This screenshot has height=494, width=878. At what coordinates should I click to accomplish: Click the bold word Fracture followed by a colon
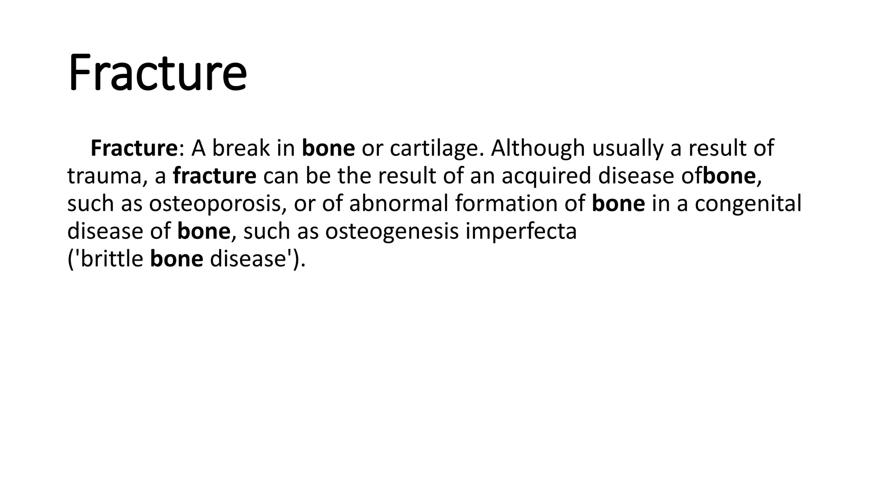pyautogui.click(x=134, y=148)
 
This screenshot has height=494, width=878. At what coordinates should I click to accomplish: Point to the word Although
pyautogui.click(x=538, y=148)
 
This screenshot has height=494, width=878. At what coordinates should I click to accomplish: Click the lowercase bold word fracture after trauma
pyautogui.click(x=214, y=176)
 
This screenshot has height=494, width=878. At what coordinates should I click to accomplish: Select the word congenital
pyautogui.click(x=748, y=204)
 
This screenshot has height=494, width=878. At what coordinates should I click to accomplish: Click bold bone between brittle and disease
pyautogui.click(x=177, y=259)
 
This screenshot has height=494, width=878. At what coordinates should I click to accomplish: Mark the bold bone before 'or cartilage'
pyautogui.click(x=328, y=148)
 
